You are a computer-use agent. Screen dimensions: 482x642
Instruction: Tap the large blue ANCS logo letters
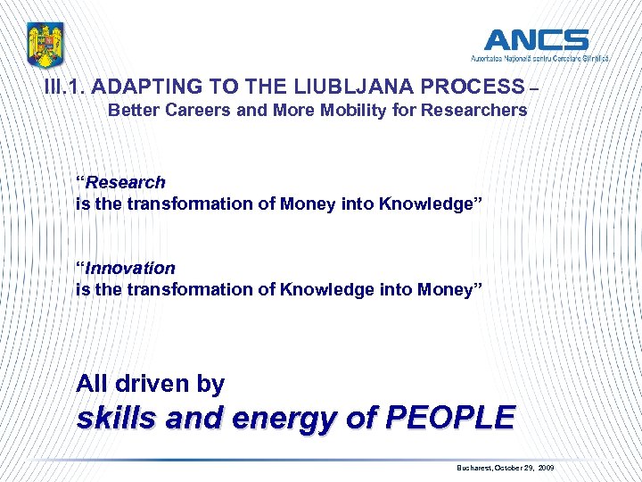[x=536, y=40]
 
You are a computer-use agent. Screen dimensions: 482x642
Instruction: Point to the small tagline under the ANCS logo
[x=540, y=58]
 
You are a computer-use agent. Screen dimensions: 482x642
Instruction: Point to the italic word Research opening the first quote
[x=126, y=182]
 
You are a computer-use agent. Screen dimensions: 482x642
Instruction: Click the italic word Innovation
[x=130, y=268]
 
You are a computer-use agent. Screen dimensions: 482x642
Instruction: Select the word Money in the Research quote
[x=309, y=204]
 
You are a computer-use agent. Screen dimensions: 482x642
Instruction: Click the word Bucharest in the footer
[x=477, y=468]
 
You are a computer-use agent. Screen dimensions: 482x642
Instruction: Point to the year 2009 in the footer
[x=546, y=468]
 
